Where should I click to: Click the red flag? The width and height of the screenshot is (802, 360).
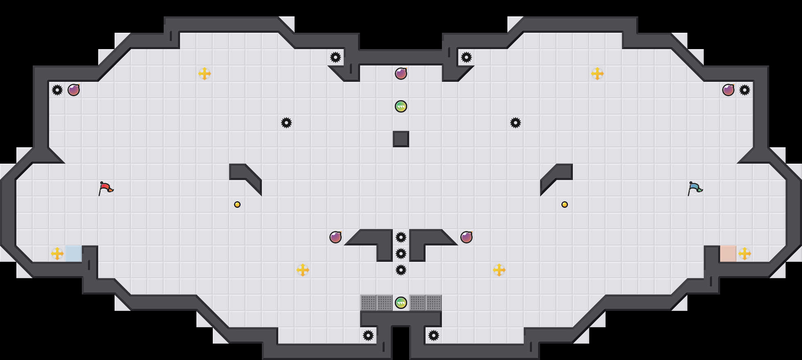point(106,188)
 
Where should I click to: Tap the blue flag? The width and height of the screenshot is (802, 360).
point(695,188)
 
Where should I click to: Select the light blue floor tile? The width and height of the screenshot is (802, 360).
point(74,254)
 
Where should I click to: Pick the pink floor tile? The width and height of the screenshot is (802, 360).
point(728,254)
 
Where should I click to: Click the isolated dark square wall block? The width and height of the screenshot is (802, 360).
point(401,139)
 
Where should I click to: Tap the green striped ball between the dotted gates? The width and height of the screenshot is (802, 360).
point(401,303)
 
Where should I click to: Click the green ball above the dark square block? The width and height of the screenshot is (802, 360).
point(401,106)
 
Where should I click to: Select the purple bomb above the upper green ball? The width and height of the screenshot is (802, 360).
point(401,74)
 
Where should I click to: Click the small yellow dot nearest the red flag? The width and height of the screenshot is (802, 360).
point(237,205)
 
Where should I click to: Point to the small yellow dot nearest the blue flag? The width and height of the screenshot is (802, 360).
point(565,205)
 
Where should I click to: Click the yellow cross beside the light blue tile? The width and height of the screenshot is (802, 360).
point(57,254)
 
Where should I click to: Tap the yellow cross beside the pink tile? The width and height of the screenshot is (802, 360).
point(745,254)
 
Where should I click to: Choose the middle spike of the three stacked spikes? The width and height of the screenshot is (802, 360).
point(401,254)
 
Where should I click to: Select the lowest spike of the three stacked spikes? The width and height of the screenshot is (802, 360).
point(401,270)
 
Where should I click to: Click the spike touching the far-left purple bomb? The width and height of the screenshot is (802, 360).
point(57,90)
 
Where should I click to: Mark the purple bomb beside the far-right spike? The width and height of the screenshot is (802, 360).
point(728,90)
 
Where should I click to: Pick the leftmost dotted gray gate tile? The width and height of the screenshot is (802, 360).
point(368,303)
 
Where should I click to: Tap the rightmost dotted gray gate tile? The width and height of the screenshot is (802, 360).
point(434,303)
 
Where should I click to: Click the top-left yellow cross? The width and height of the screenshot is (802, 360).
point(205,74)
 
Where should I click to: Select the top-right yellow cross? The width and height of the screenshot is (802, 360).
point(597,74)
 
